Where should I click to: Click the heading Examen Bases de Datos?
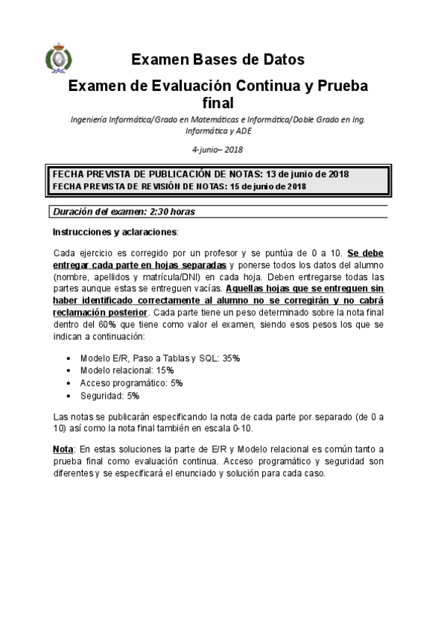coord(218,60)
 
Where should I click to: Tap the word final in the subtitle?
coord(218,103)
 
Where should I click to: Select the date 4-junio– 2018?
coord(218,149)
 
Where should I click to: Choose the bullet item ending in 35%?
coord(159,358)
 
